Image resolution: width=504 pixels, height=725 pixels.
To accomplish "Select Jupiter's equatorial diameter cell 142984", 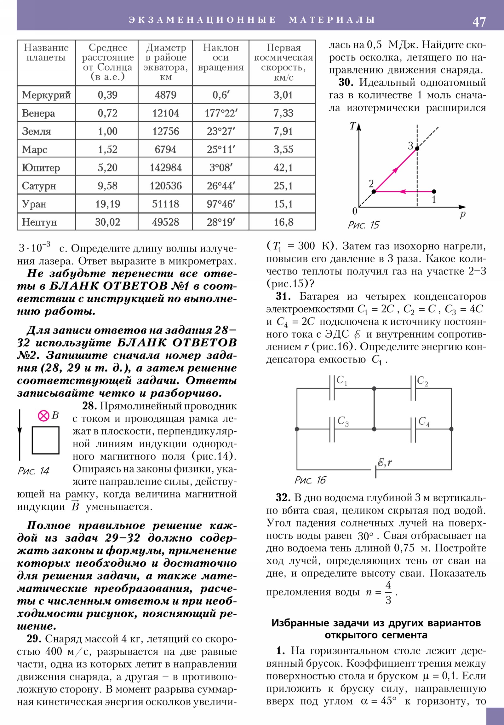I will [x=165, y=167].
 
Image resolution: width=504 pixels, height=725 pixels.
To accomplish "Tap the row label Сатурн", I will [x=39, y=186].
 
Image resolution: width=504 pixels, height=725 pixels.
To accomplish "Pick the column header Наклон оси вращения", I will [x=220, y=57].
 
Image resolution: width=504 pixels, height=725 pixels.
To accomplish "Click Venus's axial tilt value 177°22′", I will [x=220, y=113].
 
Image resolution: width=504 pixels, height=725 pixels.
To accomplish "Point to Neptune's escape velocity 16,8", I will [x=283, y=222].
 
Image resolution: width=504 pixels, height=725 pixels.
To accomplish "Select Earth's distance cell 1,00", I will [x=107, y=131].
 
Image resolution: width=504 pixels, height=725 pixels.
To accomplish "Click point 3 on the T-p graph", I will [x=417, y=148].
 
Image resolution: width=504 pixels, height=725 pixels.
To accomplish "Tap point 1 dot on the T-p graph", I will [x=434, y=191].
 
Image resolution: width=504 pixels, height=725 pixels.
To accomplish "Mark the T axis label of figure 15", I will [x=353, y=126].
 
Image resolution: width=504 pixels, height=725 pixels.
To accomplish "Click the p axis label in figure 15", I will [x=462, y=214].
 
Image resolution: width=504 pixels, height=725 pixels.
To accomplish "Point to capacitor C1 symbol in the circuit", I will [x=332, y=388].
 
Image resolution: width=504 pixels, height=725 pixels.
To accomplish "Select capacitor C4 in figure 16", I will [x=413, y=429].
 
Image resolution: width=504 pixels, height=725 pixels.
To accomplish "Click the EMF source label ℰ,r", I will [x=385, y=463].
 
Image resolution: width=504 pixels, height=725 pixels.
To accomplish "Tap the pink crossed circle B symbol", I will [x=43, y=416].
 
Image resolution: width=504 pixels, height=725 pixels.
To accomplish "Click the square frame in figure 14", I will [x=45, y=440].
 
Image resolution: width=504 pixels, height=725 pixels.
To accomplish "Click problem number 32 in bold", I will [x=283, y=498].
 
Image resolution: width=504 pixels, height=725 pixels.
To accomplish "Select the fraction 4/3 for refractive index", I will [x=388, y=592].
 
